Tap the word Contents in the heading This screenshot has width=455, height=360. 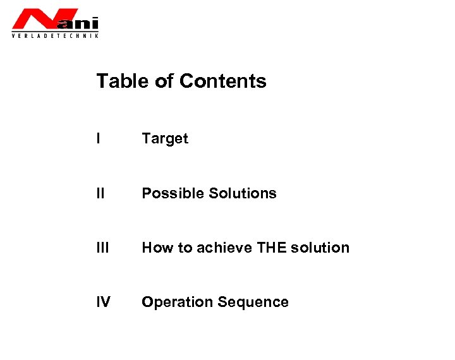tap(223, 81)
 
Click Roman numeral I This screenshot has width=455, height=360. tap(99, 138)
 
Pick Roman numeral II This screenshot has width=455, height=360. tap(100, 193)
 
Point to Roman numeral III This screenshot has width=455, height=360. tap(102, 248)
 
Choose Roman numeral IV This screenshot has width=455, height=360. tap(104, 303)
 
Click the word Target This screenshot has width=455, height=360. tap(165, 138)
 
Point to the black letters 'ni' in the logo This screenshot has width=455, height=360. tap(88, 24)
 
